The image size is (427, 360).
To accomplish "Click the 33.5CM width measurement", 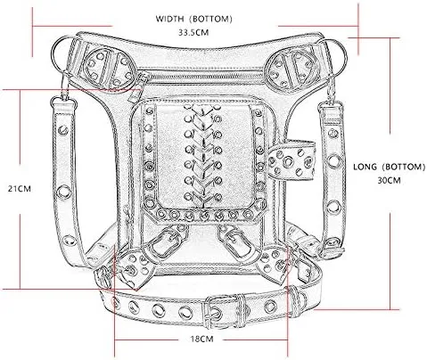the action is (x=193, y=32).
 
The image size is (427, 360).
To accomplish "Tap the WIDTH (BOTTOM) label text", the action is (x=193, y=19).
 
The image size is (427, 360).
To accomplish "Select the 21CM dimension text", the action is (x=20, y=189).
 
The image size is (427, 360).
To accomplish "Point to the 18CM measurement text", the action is (x=202, y=339).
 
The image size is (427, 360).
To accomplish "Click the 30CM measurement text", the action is (x=389, y=180).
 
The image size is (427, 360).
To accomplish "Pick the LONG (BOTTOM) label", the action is (x=389, y=167).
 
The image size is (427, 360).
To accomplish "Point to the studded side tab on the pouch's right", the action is (x=292, y=160).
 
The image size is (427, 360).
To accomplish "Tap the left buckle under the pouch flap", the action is (x=164, y=242).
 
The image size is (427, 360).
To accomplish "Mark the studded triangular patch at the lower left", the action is (x=133, y=267).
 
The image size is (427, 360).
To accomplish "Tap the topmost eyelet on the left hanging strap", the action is (x=63, y=130).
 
